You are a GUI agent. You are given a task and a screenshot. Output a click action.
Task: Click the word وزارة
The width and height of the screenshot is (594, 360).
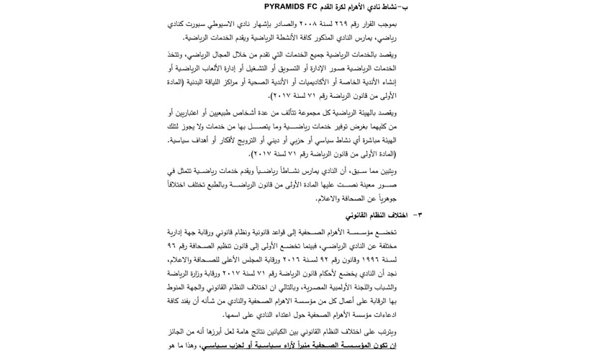[x=204, y=273]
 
